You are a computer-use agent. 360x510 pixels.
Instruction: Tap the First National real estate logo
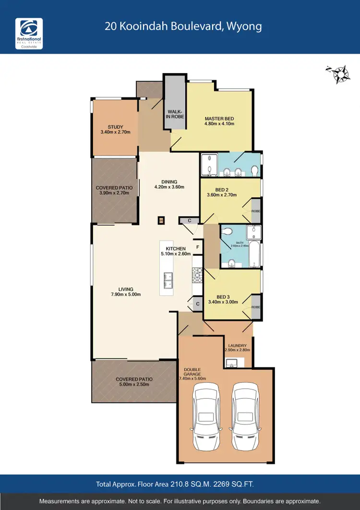point(29,33)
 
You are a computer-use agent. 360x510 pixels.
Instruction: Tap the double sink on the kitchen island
point(168,277)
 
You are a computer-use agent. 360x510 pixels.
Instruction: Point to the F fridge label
point(197,247)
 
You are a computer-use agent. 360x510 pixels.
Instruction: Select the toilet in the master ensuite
point(254,170)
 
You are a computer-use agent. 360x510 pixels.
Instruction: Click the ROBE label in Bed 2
point(256,211)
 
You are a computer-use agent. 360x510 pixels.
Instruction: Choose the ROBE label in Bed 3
point(256,307)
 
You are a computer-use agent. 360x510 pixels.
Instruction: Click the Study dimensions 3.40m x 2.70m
point(115,132)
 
